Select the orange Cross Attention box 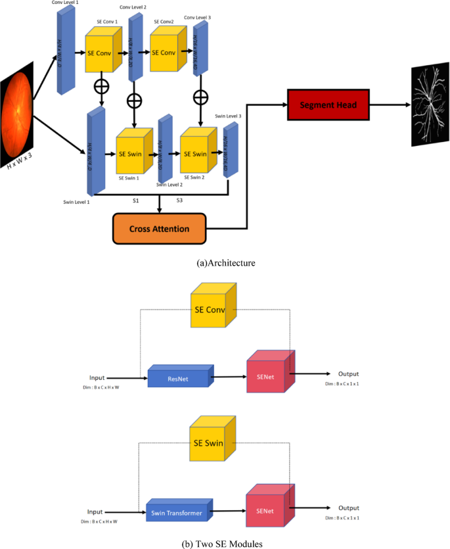(x=160, y=229)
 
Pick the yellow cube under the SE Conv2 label (x=167, y=53)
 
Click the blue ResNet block (x=177, y=379)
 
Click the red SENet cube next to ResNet (x=269, y=375)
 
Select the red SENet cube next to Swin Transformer (x=269, y=508)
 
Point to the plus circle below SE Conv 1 (x=102, y=86)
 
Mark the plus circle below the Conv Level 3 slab (x=200, y=97)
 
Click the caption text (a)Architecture (x=226, y=263)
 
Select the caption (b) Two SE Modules (x=225, y=542)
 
